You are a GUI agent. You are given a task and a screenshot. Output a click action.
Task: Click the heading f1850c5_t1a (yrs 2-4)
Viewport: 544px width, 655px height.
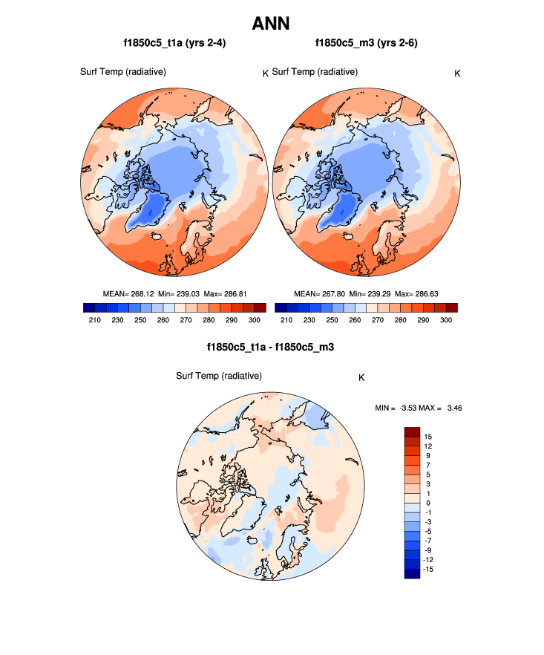click(x=175, y=43)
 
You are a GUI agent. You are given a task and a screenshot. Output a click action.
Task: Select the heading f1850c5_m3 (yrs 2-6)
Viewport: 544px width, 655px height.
click(x=366, y=43)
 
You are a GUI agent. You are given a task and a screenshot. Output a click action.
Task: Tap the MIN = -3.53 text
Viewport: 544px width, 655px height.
click(x=400, y=408)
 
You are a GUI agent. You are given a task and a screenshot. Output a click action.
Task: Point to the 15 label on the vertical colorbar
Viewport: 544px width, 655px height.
click(x=428, y=437)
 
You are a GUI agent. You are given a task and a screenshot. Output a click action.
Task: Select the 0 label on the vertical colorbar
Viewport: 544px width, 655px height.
click(x=427, y=503)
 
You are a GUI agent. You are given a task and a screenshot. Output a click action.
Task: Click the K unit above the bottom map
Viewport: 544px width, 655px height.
click(x=361, y=377)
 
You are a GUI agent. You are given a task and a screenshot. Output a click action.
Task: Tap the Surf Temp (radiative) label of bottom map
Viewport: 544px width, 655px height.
click(x=219, y=376)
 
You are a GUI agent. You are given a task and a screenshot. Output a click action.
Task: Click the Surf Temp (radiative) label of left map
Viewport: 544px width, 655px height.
click(x=122, y=71)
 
